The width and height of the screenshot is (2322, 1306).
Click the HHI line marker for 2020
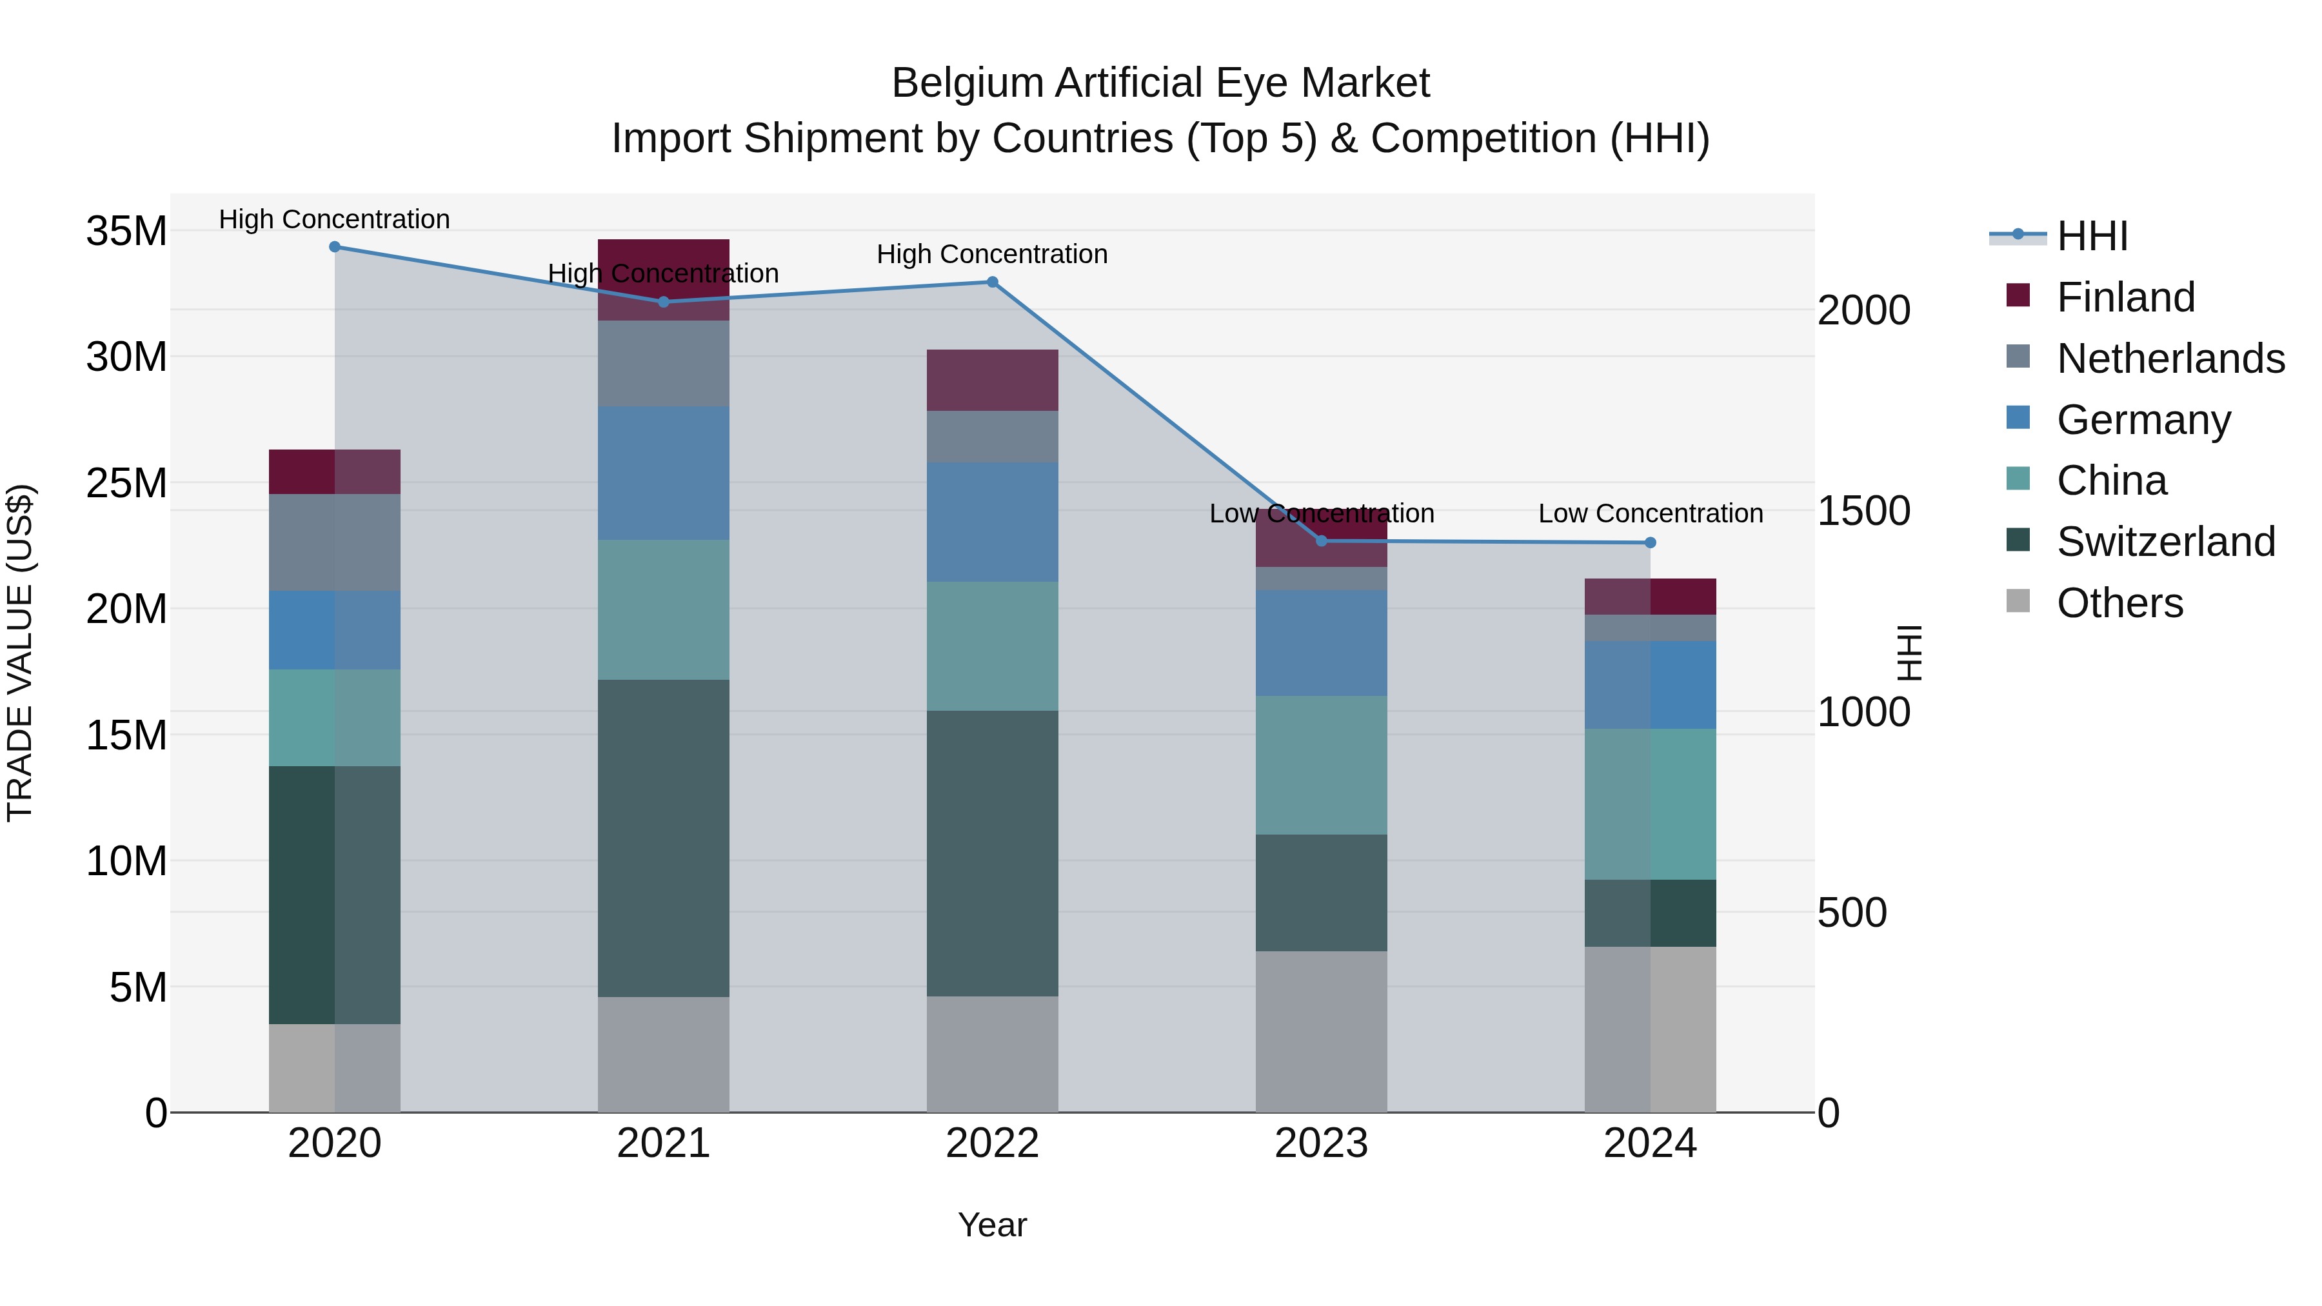[334, 247]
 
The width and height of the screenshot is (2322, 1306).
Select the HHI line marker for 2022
[993, 282]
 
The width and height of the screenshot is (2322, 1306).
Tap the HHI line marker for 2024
[1651, 542]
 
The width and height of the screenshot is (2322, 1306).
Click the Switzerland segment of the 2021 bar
[664, 838]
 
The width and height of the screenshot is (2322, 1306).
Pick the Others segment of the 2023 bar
[1322, 1031]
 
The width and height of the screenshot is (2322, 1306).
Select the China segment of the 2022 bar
[993, 646]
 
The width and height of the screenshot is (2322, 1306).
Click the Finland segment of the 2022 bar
[993, 381]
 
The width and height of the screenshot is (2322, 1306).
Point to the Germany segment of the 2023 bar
[1322, 642]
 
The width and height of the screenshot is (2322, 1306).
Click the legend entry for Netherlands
[2170, 359]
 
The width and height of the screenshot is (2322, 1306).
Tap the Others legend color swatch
[2018, 601]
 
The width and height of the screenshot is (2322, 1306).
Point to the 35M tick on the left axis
[126, 232]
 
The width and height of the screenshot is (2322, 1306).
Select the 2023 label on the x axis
[1322, 1143]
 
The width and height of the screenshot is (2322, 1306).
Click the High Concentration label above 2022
[993, 254]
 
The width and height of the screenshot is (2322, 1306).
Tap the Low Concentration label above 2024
[1651, 514]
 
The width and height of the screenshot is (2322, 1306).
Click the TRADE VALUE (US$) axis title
[20, 653]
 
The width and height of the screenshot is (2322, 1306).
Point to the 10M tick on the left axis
[126, 862]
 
